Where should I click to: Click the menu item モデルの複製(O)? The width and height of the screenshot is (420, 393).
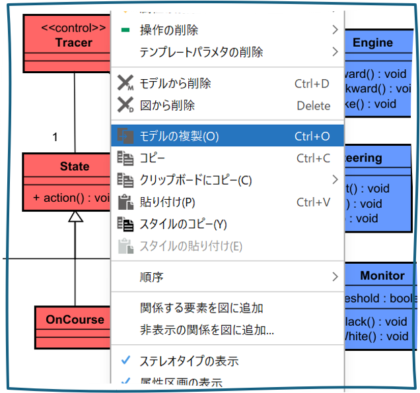179,136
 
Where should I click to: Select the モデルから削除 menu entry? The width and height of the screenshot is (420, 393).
175,84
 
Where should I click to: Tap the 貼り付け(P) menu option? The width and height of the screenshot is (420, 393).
167,202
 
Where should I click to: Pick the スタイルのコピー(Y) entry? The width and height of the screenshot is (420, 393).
183,224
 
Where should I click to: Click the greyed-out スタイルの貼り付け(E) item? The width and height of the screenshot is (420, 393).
190,247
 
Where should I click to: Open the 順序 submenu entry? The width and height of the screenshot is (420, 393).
152,277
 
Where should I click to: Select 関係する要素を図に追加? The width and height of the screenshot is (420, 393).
201,308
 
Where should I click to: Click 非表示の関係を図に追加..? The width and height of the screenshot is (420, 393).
207,330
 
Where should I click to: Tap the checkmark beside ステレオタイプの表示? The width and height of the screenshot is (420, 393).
125,361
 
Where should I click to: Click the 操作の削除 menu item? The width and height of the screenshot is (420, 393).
168,30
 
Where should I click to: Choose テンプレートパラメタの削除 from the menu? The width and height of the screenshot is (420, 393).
201,51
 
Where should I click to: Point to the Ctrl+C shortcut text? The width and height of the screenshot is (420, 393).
313,158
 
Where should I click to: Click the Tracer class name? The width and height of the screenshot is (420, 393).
74,43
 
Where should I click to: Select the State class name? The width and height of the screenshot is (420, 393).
75,166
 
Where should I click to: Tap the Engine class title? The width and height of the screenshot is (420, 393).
372,43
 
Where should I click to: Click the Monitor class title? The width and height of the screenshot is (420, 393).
382,276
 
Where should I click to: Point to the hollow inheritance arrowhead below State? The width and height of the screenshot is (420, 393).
75,216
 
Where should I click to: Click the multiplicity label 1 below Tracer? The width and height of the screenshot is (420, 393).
55,137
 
